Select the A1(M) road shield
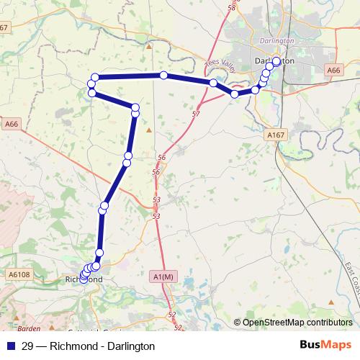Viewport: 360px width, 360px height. coord(163,276)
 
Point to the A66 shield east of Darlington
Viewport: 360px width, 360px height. coord(333,71)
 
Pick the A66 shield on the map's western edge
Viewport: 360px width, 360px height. coord(10,124)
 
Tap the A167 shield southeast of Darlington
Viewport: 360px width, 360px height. coord(276,135)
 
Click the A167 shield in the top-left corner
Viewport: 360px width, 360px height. coord(5,27)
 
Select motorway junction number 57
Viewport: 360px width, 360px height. coord(196,114)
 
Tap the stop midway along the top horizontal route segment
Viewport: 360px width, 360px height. coord(164,76)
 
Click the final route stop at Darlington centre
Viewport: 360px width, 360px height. coord(276,61)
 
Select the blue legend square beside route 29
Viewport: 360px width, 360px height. coord(10,346)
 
